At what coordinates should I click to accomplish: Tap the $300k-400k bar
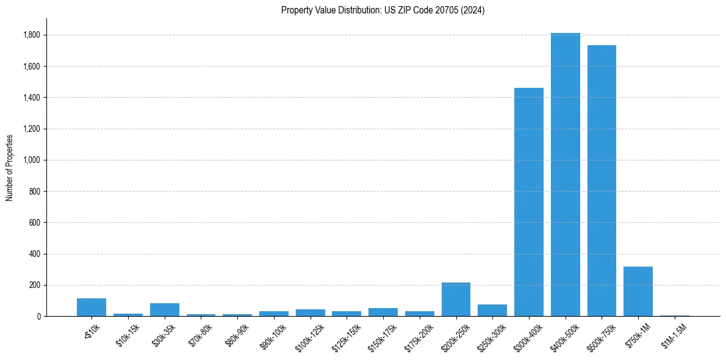528,202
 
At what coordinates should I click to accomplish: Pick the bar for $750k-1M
638,292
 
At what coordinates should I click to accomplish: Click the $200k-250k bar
456,300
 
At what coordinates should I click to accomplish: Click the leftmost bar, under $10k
92,308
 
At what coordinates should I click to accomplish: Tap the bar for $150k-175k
383,312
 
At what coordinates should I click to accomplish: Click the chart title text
383,10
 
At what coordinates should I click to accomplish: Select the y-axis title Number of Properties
10,168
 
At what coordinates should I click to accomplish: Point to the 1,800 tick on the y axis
32,35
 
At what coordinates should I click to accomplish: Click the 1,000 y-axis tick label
32,160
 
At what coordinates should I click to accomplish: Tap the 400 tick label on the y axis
35,254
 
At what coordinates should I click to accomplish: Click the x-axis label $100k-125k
311,337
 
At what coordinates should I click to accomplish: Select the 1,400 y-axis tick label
32,98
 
